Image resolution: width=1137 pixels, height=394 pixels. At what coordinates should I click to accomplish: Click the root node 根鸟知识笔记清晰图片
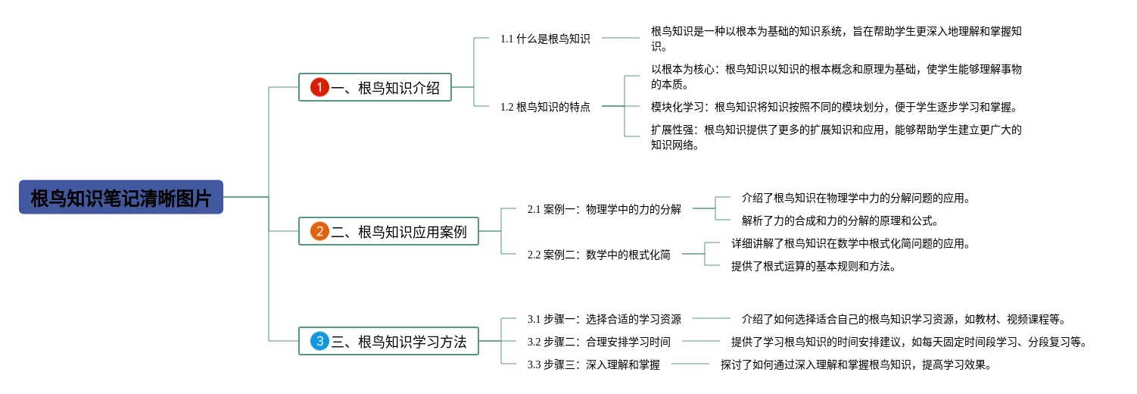[x=121, y=197]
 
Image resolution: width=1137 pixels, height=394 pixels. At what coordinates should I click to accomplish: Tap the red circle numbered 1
[x=319, y=87]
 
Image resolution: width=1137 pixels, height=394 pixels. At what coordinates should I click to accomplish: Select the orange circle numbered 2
[x=319, y=231]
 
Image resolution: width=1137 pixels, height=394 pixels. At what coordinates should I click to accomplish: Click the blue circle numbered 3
[x=319, y=341]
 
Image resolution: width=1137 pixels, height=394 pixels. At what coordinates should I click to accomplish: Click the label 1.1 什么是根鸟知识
[x=545, y=39]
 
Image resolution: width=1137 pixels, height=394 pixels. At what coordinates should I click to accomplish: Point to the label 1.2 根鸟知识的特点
[x=545, y=107]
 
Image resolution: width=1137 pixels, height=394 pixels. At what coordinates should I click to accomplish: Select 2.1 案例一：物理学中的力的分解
[x=604, y=209]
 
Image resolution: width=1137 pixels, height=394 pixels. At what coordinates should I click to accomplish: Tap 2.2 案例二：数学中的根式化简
[x=599, y=255]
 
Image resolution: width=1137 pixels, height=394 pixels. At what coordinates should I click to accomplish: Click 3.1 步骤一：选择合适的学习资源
[x=604, y=319]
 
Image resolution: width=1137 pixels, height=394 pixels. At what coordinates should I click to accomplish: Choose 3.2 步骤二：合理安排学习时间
[x=599, y=342]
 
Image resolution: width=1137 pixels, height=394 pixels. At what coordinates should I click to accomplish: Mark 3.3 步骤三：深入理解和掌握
[x=593, y=364]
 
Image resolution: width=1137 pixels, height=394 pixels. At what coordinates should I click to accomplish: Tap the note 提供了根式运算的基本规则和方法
[x=814, y=267]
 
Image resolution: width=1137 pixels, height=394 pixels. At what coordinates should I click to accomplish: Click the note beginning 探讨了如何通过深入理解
[x=855, y=365]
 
